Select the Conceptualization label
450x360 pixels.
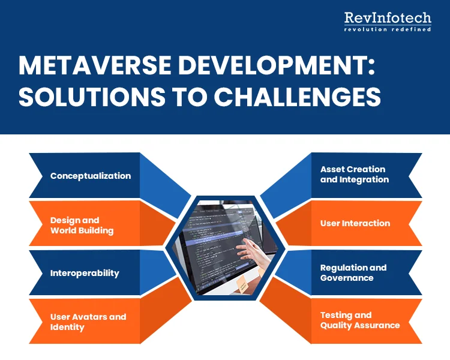91,176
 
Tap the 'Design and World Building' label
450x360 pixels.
82,225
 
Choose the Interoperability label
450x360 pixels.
85,273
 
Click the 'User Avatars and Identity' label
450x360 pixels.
88,322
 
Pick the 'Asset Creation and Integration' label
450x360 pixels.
355,174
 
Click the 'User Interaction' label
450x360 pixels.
355,223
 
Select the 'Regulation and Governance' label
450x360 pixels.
353,272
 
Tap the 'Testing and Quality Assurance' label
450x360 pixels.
360,320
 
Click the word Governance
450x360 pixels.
347,278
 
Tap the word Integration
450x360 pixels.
364,179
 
